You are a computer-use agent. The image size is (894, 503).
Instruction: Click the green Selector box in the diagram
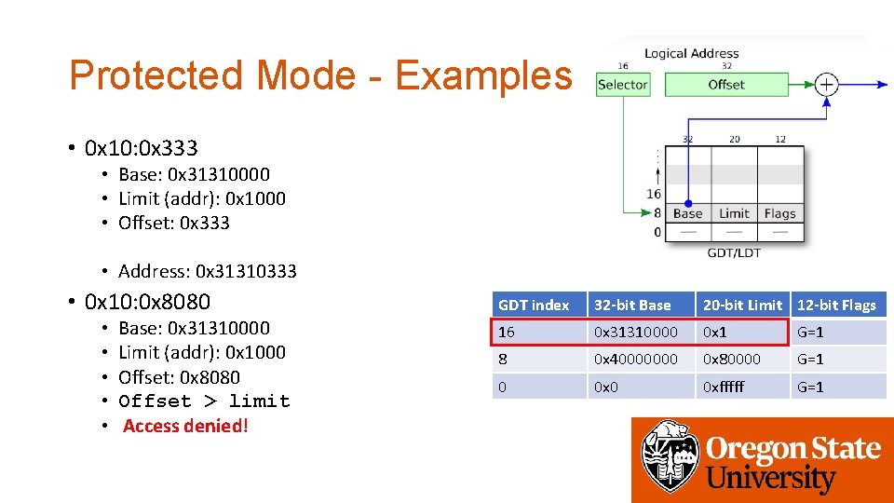coord(622,85)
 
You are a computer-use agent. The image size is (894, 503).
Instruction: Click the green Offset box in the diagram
coord(725,85)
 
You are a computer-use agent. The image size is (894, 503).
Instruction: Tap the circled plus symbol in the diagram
coord(826,85)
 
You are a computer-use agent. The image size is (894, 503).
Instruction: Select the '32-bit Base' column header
coord(641,305)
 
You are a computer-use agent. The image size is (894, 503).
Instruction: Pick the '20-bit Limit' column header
coord(742,305)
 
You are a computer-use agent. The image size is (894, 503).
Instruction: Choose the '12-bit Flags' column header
coord(836,305)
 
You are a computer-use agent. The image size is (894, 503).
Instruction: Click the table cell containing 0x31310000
coord(641,333)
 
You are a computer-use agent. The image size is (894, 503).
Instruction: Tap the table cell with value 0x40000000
coord(641,360)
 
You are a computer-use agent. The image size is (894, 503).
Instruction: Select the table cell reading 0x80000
coord(742,360)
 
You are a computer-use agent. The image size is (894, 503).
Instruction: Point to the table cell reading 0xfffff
coord(742,387)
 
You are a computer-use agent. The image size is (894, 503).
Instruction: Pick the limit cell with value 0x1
coord(742,333)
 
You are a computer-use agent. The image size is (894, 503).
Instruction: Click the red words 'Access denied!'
coord(185,427)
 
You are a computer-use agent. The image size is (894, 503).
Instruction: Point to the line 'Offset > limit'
coord(204,401)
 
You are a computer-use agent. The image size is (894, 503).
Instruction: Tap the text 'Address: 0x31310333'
coord(207,271)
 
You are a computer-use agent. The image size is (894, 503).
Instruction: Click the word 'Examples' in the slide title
coord(483,75)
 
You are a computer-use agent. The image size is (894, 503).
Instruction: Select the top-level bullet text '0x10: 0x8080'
coord(147,302)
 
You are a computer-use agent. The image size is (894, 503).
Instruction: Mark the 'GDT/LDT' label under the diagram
coord(734,252)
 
